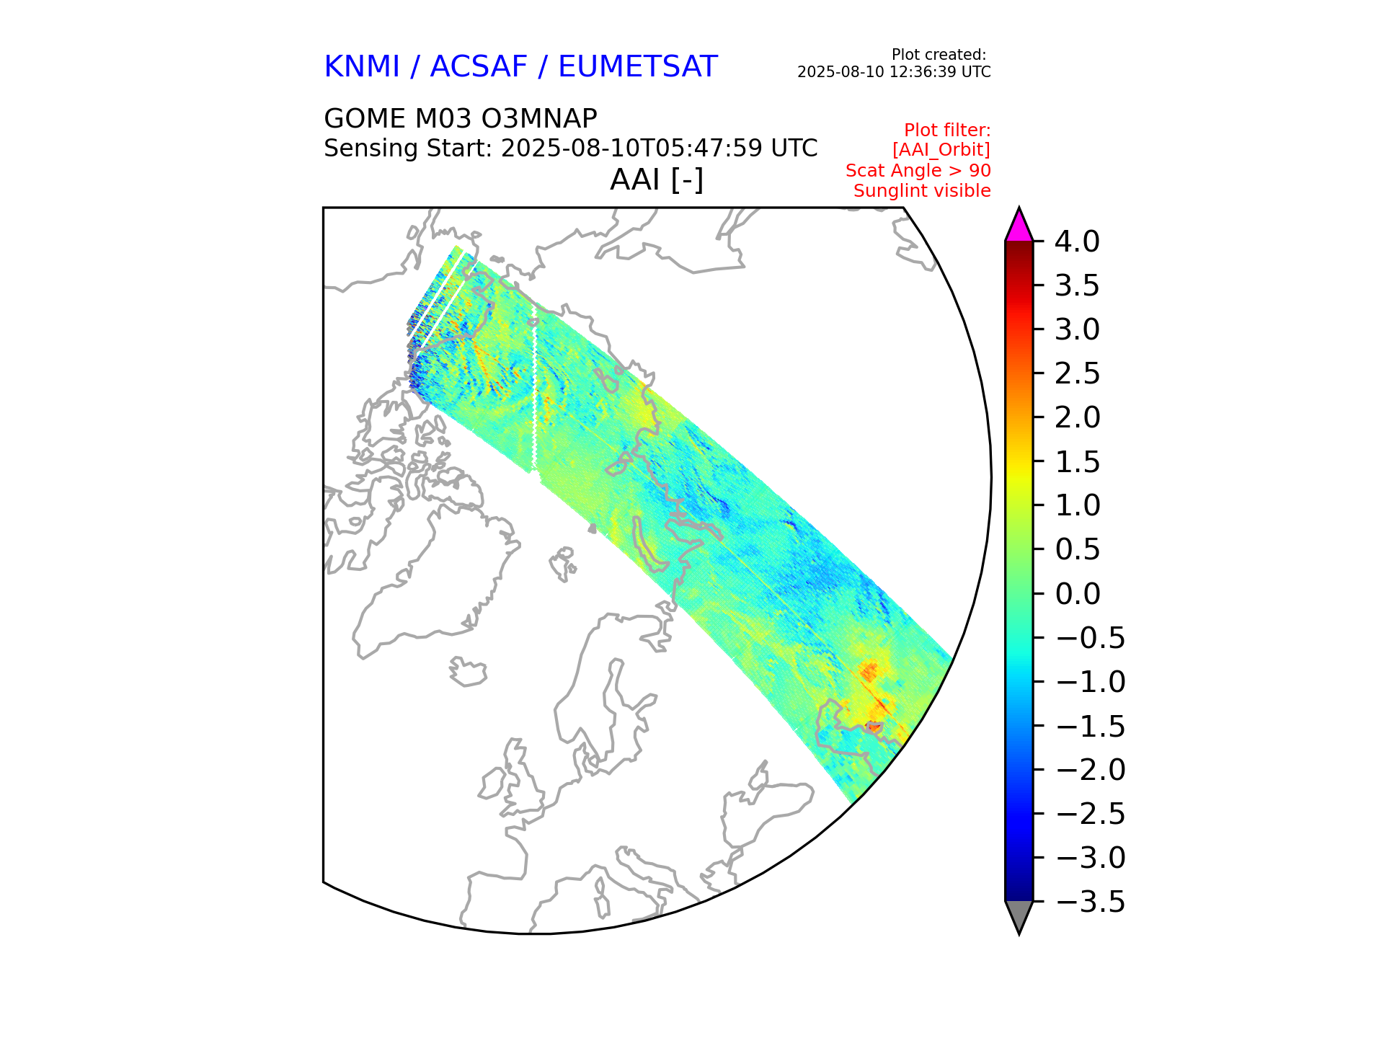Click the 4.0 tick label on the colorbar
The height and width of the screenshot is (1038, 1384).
tap(1077, 241)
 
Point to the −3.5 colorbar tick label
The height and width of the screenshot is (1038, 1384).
tap(1090, 902)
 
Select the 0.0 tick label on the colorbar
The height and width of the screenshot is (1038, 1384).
tap(1077, 594)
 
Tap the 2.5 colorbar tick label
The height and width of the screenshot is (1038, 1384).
tap(1077, 373)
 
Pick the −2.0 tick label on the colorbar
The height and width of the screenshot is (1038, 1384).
tap(1090, 770)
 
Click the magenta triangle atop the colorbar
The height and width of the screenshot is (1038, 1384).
tap(1019, 226)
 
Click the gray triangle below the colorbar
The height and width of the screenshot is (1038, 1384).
tap(1019, 915)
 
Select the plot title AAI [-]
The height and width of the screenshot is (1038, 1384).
tap(656, 179)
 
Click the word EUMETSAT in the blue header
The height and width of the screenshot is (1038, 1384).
tap(637, 67)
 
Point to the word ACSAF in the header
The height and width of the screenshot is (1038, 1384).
tap(479, 67)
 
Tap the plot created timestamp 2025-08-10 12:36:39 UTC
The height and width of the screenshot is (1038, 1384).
tap(893, 72)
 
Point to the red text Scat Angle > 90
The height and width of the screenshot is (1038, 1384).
tap(918, 171)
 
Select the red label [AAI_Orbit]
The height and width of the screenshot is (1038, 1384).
tap(941, 150)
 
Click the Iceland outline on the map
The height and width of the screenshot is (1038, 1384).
tap(469, 673)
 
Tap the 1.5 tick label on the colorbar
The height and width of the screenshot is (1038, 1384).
tap(1077, 462)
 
